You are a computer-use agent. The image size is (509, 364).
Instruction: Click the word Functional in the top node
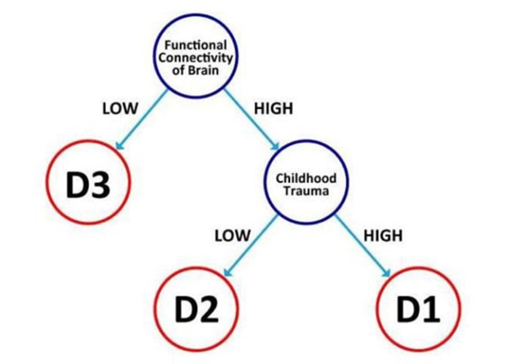point(196,45)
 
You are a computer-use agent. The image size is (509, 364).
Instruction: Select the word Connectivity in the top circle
point(196,58)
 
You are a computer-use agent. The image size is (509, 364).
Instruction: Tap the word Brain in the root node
point(204,71)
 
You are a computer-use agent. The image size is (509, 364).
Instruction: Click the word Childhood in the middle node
point(306,178)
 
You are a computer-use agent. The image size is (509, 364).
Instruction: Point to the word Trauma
point(306,191)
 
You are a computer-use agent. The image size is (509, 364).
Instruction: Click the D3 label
point(88,185)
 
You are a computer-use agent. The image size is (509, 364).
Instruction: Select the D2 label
point(196,310)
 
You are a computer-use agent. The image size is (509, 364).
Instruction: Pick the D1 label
point(418,310)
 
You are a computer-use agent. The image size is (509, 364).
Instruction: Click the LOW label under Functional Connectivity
point(120,108)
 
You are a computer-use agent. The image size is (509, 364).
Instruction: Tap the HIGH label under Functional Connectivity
point(274,108)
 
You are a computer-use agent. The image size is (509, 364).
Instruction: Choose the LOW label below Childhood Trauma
point(232,235)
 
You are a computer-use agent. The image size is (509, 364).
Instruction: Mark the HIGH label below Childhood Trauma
point(383,235)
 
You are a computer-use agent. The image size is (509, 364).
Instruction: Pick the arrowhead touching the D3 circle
point(120,146)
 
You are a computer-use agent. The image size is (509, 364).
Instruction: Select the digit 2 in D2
point(208,310)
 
